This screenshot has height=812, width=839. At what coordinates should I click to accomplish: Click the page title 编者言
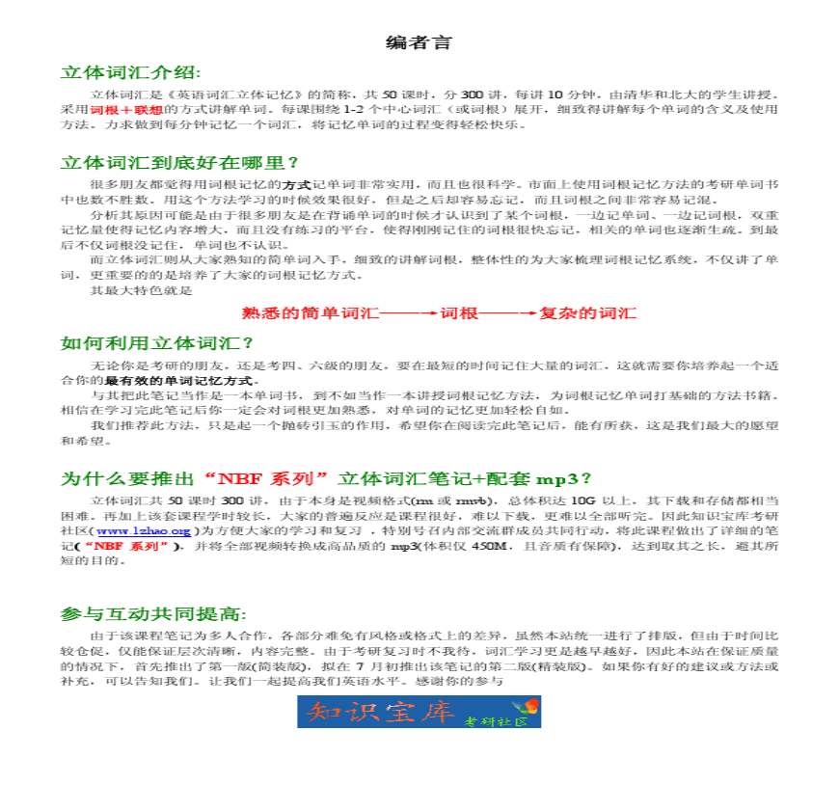pyautogui.click(x=419, y=43)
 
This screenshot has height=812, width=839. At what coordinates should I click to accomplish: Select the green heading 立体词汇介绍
pyautogui.click(x=130, y=73)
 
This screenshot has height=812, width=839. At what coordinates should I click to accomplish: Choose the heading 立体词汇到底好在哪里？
pyautogui.click(x=179, y=162)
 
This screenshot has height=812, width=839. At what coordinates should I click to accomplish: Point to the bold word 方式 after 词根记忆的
pyautogui.click(x=294, y=183)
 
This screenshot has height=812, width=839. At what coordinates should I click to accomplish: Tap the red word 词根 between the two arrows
pyautogui.click(x=460, y=313)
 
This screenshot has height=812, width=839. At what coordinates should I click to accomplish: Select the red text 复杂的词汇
pyautogui.click(x=587, y=313)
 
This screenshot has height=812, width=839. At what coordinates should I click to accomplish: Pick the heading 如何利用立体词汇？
pyautogui.click(x=156, y=343)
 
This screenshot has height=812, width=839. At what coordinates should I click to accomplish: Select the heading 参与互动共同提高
pyautogui.click(x=153, y=614)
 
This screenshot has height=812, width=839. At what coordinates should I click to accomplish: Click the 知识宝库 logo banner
pyautogui.click(x=419, y=712)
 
